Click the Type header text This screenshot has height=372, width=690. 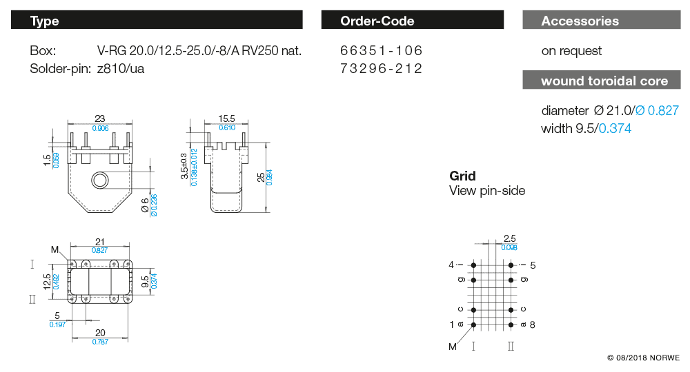coord(44,21)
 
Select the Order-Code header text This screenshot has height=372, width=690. coord(377,21)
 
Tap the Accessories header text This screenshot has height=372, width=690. coord(580,21)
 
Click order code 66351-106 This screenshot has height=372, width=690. coord(381,50)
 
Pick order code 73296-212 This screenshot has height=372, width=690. coord(381,68)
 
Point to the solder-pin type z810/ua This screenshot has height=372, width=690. coord(121,69)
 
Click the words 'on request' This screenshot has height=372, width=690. coord(571,51)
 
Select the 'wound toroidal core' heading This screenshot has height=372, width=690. coord(604,81)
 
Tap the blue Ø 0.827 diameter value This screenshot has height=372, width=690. coord(657,110)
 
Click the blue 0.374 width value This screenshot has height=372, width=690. coord(615,128)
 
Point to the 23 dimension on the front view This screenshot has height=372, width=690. coord(100,118)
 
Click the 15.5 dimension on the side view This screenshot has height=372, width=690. coord(226,118)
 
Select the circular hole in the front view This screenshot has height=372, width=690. coord(100,180)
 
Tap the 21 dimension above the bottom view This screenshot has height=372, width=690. coord(100,242)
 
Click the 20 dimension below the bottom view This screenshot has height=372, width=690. coord(100,333)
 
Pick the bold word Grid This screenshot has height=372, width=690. coord(462,176)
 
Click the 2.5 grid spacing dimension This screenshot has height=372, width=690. coord(510,238)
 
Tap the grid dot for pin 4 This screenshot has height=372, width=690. coord(473,265)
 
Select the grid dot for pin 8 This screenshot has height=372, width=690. coord(511,325)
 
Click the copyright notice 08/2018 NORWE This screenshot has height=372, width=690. coord(643,358)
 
